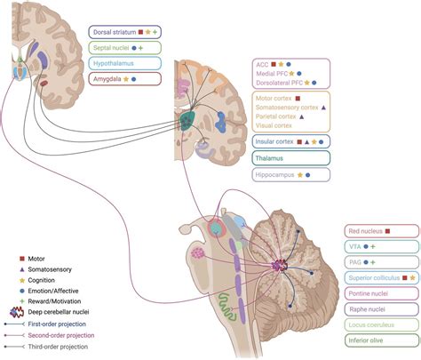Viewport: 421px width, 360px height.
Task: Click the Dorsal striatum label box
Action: (x=124, y=32)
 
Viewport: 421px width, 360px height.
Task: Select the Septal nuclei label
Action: (x=117, y=48)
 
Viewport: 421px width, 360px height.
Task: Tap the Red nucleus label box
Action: (x=371, y=231)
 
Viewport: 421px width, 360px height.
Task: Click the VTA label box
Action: (x=371, y=246)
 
